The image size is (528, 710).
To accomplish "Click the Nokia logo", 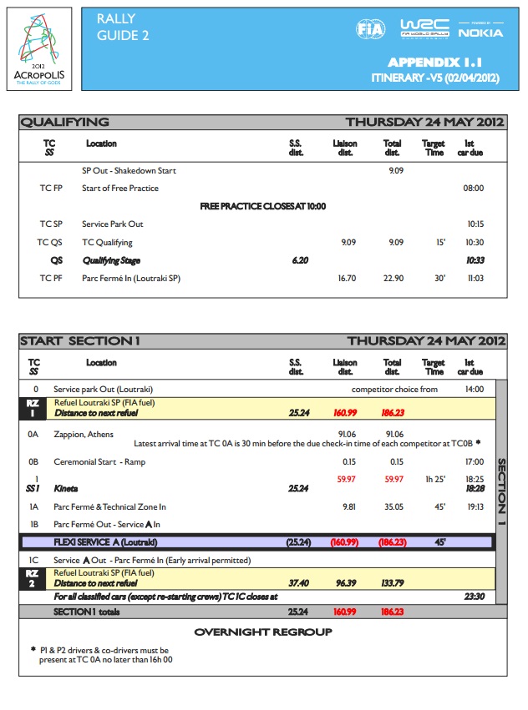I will [x=480, y=32].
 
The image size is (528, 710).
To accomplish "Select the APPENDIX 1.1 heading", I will [x=435, y=63].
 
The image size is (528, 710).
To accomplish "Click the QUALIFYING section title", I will [x=65, y=122].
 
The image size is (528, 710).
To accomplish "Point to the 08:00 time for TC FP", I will [x=473, y=189].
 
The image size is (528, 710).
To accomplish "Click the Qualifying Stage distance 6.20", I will [x=300, y=260].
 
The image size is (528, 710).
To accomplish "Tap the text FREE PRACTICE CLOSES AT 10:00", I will [x=262, y=206].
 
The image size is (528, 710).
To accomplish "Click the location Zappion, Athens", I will [x=84, y=434].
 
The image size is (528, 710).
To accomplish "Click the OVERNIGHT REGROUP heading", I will [x=263, y=632].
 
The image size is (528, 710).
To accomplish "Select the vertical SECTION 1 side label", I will [x=501, y=492].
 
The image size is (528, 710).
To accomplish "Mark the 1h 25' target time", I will [x=434, y=480].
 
